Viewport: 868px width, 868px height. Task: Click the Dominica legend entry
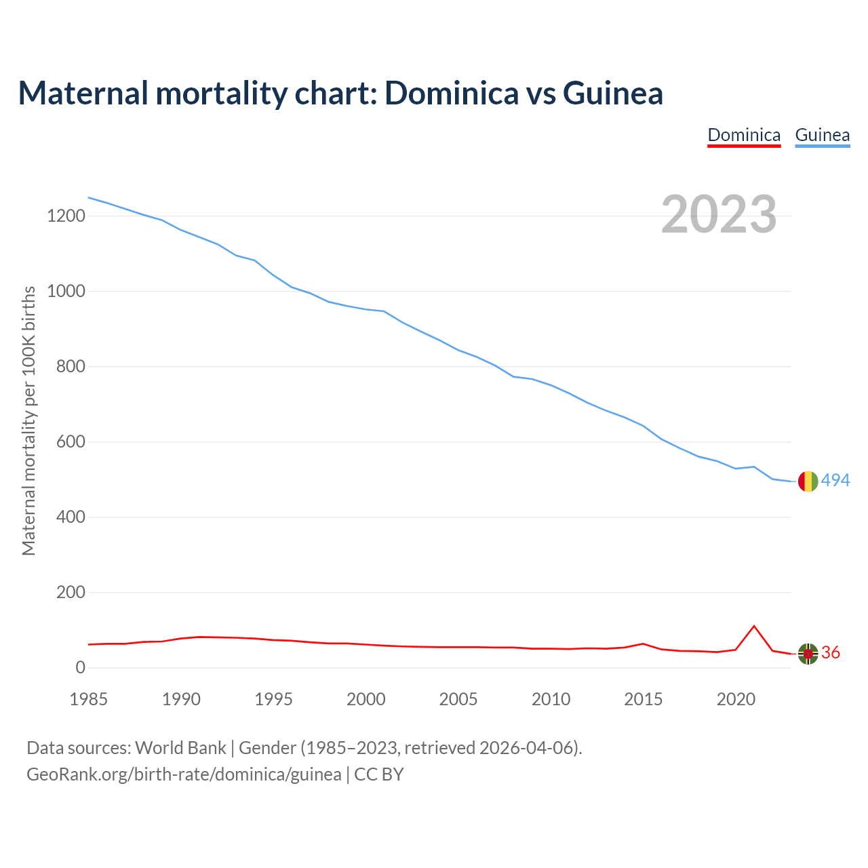tap(744, 135)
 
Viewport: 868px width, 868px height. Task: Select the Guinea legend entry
tap(822, 135)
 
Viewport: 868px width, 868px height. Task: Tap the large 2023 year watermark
tap(719, 214)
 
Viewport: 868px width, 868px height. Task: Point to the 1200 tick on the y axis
tap(66, 216)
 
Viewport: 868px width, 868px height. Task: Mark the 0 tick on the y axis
tap(81, 668)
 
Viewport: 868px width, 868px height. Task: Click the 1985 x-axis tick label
tap(89, 699)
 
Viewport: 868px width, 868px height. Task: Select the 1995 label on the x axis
tap(273, 699)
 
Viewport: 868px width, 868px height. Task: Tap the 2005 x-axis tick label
tap(458, 699)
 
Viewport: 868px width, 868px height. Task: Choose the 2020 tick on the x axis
tap(736, 699)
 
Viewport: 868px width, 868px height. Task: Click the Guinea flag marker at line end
tap(808, 481)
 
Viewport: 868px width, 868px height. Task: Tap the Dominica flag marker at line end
tap(808, 653)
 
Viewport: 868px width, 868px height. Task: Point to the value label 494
tap(835, 481)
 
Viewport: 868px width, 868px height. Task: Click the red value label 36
tap(831, 653)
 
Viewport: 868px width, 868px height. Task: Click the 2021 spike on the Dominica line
tap(754, 626)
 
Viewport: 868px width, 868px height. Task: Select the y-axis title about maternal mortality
tap(28, 420)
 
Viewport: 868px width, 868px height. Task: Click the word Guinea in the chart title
tap(613, 93)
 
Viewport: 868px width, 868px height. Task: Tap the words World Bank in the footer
tap(180, 748)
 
